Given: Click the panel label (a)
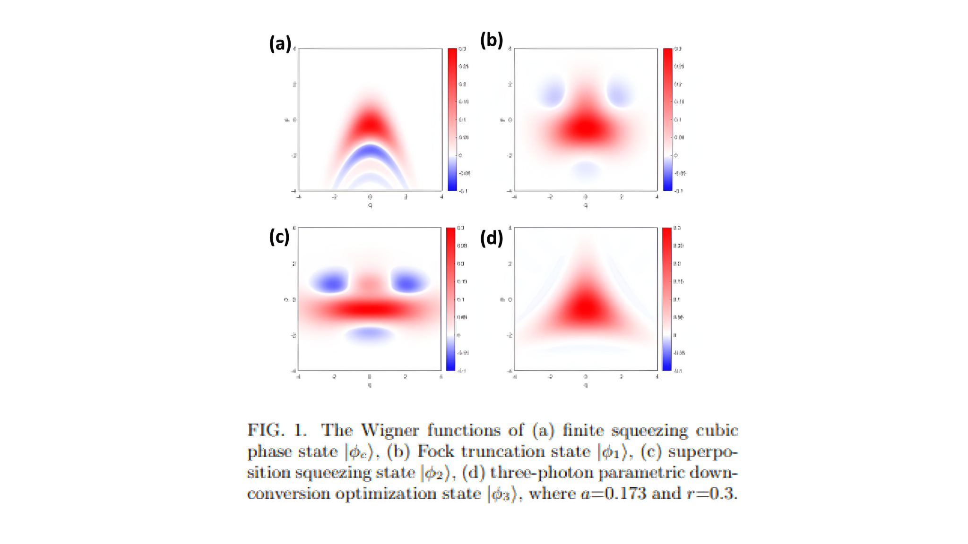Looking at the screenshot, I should click(280, 43).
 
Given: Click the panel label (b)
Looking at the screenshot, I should click(491, 40).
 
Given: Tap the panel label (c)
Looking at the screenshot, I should click(279, 237).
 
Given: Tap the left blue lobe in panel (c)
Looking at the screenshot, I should click(331, 282).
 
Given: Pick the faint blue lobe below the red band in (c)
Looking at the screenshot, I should click(370, 335).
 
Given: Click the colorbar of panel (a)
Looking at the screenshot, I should click(452, 119).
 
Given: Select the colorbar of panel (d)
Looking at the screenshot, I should click(666, 298).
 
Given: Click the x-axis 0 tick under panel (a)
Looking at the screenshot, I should click(370, 197).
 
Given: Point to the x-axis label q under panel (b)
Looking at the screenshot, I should click(585, 205).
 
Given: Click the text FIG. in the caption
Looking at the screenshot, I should click(266, 430).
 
